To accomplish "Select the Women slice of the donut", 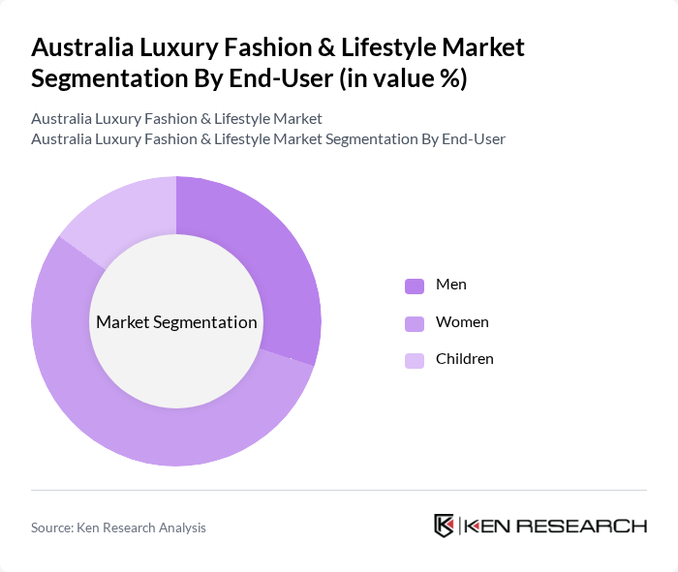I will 145,427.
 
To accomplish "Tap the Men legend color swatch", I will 415,286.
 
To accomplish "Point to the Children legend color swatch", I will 415,360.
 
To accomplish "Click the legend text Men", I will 451,285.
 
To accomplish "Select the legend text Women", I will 462,322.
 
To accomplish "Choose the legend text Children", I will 465,359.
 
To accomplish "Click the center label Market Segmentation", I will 176,322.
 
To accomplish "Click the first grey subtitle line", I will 176,119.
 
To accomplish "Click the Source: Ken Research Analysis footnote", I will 118,527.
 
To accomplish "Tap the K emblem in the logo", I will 445,526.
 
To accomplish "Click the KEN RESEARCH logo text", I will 555,527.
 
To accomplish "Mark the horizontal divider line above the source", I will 339,491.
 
